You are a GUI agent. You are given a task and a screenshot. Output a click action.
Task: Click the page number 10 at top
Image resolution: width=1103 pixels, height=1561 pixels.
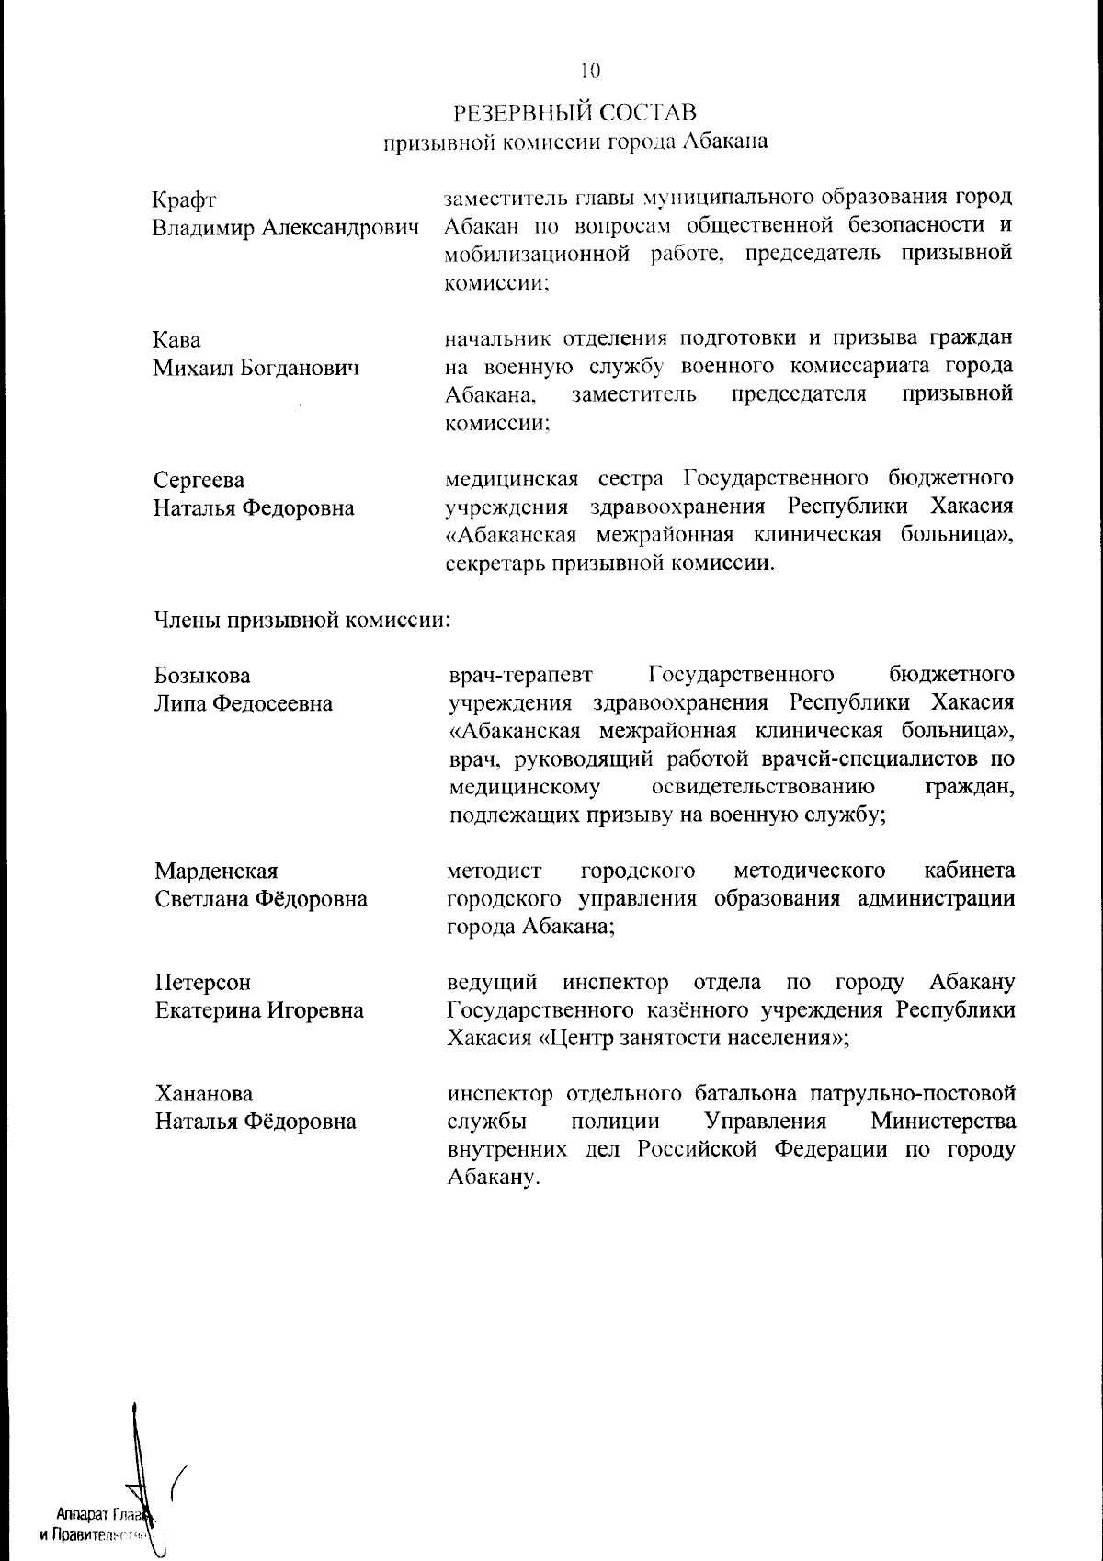588,70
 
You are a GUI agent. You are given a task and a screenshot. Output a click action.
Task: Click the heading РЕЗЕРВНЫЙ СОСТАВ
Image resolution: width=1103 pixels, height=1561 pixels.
575,112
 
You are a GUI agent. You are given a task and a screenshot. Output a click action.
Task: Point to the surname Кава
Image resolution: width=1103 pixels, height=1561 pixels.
176,340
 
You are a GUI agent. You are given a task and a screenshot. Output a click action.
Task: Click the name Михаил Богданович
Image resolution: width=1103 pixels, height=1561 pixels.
256,369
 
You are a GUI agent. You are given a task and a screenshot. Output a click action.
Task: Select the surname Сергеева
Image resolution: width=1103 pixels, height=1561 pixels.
199,481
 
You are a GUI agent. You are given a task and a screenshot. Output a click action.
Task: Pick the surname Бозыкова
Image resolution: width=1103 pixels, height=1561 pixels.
202,676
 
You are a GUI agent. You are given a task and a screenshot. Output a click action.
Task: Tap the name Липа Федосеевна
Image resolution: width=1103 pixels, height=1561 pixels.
244,704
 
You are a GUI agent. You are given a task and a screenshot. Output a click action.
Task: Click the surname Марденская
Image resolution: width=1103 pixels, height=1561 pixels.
216,871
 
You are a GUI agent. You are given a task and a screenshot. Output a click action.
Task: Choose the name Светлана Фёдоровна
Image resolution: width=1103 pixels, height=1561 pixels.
261,899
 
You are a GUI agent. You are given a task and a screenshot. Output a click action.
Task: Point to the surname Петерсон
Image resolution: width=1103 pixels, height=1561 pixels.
202,983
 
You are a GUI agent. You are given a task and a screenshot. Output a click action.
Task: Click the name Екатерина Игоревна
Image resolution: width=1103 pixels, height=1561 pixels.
259,1011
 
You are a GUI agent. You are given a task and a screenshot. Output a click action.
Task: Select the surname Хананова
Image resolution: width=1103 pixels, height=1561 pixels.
204,1095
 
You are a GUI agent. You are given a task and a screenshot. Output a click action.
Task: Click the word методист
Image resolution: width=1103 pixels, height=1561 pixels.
494,871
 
